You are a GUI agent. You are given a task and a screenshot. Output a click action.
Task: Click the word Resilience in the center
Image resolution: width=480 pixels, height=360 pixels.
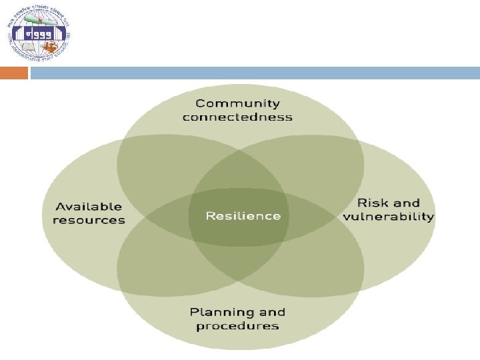[x=243, y=216]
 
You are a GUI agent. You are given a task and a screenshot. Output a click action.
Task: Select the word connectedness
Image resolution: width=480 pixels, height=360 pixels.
[x=237, y=117]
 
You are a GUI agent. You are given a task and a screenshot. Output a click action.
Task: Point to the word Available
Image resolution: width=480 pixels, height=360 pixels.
[x=89, y=207]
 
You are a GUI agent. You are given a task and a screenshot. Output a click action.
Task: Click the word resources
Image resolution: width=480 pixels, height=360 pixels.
[x=89, y=221]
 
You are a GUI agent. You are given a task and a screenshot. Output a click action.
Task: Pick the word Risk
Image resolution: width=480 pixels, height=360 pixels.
[x=371, y=203]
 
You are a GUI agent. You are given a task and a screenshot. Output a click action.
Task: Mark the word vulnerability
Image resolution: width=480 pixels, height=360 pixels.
[x=389, y=217]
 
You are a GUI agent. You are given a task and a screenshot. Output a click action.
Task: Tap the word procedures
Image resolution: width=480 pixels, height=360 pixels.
[x=237, y=326]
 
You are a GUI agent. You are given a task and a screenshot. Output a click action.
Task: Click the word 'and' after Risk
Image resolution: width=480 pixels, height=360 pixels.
[x=407, y=203]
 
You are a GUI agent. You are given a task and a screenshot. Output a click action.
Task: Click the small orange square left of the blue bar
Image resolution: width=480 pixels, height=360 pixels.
[x=14, y=73]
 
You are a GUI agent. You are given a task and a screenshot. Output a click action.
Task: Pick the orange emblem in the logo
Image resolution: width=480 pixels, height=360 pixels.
[x=51, y=47]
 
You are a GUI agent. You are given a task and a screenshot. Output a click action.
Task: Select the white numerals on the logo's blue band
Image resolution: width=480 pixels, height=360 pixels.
[x=40, y=33]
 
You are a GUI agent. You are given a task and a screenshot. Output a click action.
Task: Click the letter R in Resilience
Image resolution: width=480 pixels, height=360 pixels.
[x=210, y=216]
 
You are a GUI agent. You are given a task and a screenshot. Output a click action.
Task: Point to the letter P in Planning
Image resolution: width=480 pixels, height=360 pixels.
[x=194, y=312]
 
